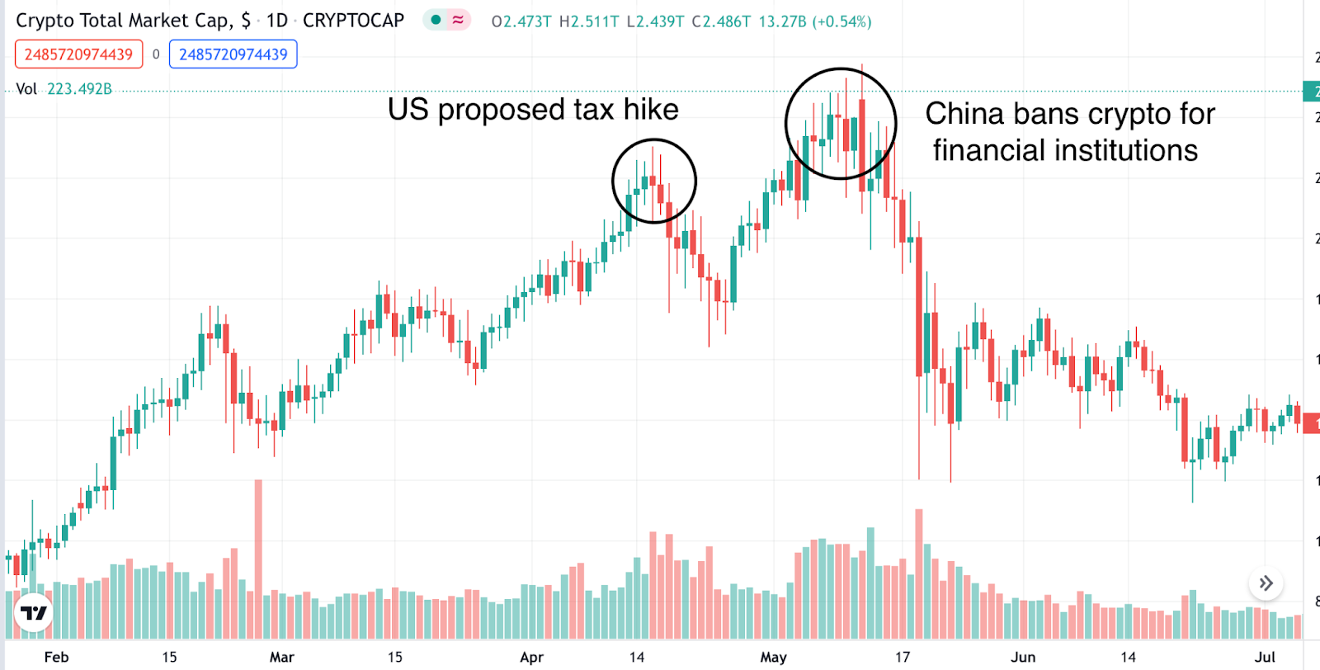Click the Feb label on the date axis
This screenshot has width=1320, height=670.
[x=56, y=657]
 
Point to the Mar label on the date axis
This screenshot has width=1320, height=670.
[x=281, y=657]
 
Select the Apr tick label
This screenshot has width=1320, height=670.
[x=532, y=657]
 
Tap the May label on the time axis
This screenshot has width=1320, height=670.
[x=773, y=657]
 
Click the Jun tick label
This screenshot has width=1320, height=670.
[x=1023, y=657]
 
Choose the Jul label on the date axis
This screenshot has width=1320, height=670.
[x=1265, y=657]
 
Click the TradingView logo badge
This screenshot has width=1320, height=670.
[x=34, y=613]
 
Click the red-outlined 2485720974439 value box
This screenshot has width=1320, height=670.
[x=78, y=54]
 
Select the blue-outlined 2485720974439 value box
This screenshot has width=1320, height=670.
[x=233, y=54]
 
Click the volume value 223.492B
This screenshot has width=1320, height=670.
[x=79, y=89]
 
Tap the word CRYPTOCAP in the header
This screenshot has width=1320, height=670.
[x=353, y=21]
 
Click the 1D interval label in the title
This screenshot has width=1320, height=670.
[x=277, y=21]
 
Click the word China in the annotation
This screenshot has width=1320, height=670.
[x=964, y=114]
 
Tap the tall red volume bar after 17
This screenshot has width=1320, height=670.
[x=919, y=569]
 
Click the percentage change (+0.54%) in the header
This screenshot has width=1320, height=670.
[x=841, y=21]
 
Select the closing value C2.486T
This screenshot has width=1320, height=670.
[x=721, y=21]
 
